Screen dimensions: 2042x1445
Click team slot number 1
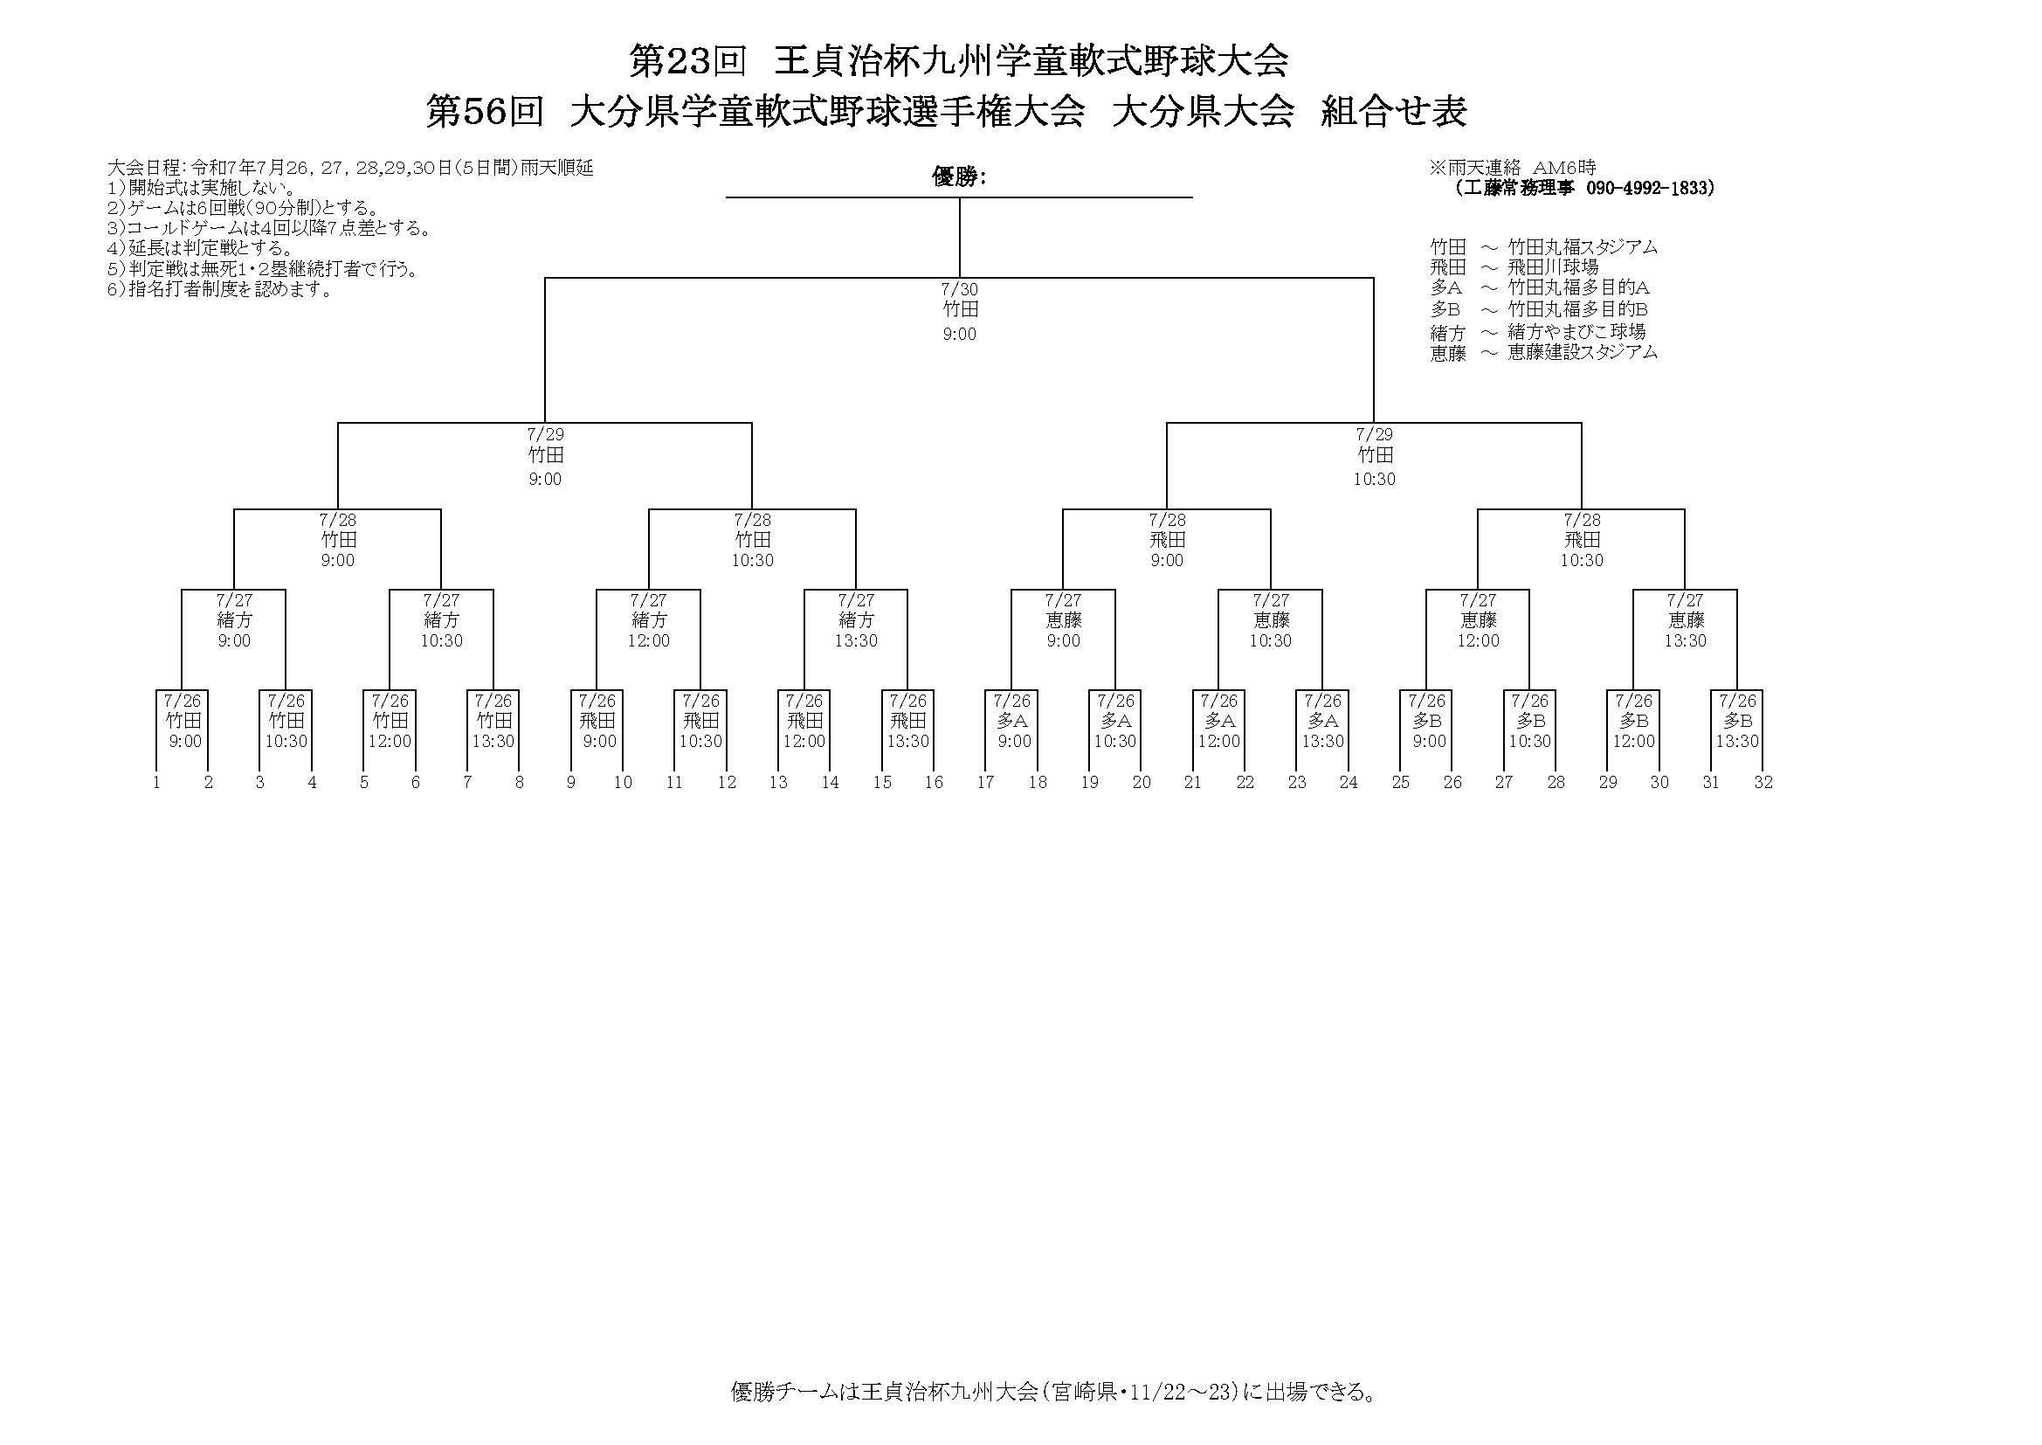(156, 783)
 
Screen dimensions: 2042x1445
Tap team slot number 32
(1763, 783)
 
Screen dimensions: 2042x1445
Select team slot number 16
(934, 783)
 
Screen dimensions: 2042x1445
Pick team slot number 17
(985, 783)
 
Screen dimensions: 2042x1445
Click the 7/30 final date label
(960, 289)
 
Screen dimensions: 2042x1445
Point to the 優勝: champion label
(959, 177)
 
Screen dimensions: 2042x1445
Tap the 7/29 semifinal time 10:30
(1375, 480)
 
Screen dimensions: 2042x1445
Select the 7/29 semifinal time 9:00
(545, 480)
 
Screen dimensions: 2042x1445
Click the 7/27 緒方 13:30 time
(857, 641)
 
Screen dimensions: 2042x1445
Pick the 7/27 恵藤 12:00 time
(1478, 641)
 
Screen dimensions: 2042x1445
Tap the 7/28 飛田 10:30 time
(1583, 561)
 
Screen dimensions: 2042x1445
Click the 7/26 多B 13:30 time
(1738, 742)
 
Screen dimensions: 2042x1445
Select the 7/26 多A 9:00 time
(1015, 742)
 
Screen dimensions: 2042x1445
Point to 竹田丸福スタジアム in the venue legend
(1583, 247)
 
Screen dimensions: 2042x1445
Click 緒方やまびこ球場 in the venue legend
(1576, 332)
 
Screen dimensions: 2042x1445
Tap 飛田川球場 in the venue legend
(1553, 267)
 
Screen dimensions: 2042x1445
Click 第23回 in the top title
(687, 61)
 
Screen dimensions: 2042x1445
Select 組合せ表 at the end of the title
(1395, 112)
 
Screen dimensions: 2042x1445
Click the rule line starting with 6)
(220, 290)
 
